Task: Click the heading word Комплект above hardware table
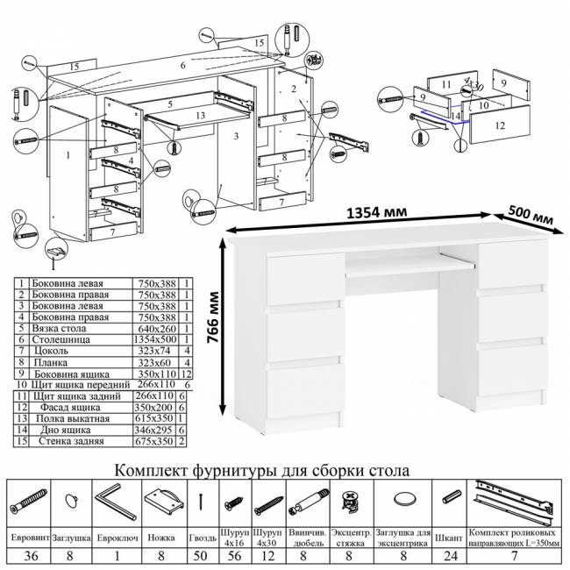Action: pos(154,469)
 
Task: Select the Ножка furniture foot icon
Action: pos(162,502)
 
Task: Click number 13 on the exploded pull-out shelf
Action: pos(200,115)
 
